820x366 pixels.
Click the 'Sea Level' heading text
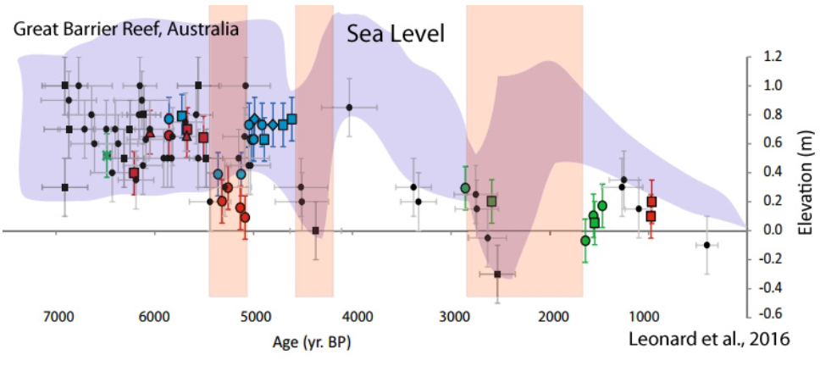[394, 33]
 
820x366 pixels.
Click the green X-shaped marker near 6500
[107, 155]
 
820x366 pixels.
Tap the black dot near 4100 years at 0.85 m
[349, 108]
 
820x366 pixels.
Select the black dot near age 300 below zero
[707, 245]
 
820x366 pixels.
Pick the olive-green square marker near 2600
[491, 201]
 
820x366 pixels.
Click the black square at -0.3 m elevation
[497, 274]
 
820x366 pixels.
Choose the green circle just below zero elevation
[585, 241]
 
